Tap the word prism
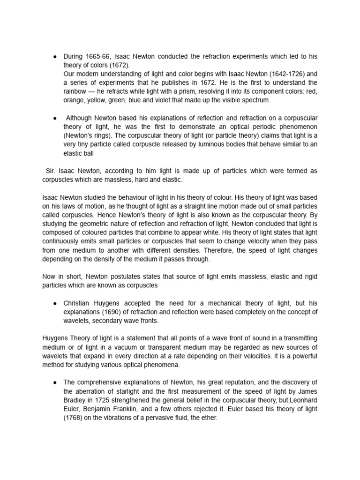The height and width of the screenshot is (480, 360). pos(198,91)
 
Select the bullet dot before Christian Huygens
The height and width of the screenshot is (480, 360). pos(55,303)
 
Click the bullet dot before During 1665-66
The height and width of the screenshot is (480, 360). pos(55,56)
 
